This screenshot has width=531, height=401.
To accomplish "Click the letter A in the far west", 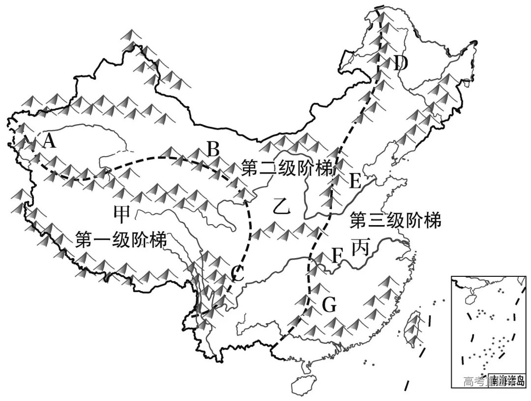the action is click(x=49, y=141).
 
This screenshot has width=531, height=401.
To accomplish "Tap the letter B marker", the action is click(x=212, y=148).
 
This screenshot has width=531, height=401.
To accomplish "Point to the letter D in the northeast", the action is click(x=401, y=63).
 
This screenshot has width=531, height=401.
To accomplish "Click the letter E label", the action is click(x=355, y=182).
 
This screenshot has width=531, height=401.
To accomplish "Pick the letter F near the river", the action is click(x=337, y=255).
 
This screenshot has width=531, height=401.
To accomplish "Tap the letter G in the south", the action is click(x=329, y=306).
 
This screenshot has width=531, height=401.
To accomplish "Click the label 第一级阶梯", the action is click(x=120, y=240).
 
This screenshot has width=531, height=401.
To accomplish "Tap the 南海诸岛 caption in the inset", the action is click(x=506, y=380).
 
